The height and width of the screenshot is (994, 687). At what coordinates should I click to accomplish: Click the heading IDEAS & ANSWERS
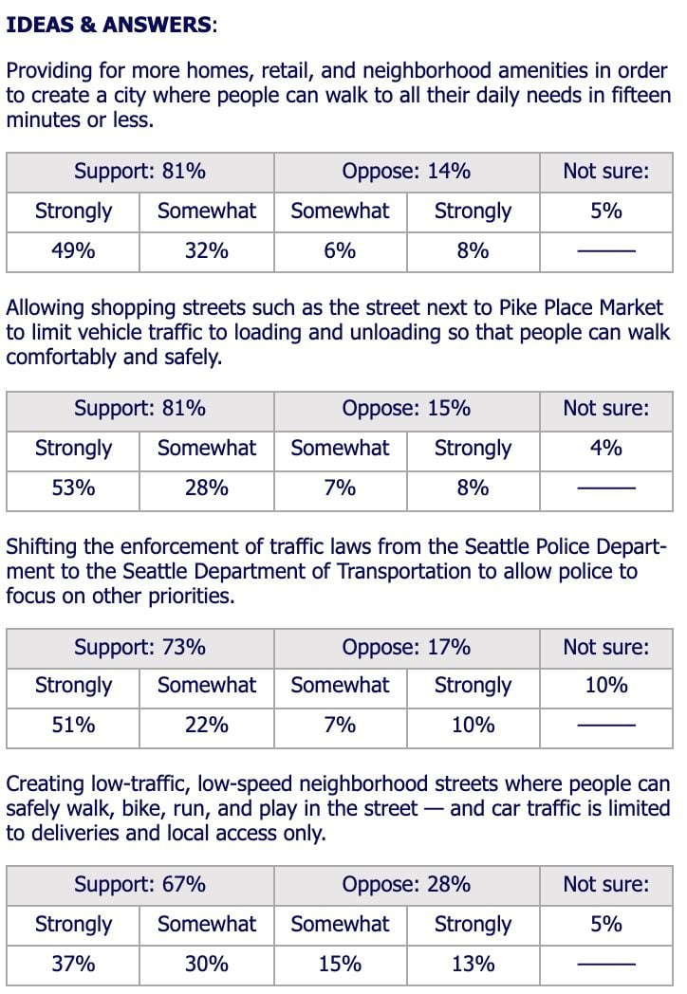point(110,26)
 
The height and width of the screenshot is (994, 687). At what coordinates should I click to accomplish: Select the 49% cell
point(73,251)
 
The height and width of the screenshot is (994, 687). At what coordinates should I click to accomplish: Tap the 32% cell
point(207,251)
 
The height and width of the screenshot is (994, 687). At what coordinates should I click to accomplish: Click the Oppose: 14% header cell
point(406,172)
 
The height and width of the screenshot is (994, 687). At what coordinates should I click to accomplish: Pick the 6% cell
point(340,251)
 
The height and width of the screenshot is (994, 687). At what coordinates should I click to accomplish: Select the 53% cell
point(73,488)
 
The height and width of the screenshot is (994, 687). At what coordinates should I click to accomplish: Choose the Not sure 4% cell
point(606,449)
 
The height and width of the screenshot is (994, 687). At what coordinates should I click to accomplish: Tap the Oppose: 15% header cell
point(406,409)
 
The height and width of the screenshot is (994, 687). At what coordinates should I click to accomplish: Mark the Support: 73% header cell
point(139,648)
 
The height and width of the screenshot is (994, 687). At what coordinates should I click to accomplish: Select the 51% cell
point(73,726)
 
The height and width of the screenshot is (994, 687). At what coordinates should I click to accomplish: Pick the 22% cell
point(207,726)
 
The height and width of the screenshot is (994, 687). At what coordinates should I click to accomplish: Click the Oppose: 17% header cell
point(406,648)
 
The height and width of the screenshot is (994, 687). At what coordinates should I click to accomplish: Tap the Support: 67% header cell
point(139,885)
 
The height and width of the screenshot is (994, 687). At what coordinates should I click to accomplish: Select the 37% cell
point(73,964)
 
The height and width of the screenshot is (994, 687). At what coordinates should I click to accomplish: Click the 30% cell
point(207,964)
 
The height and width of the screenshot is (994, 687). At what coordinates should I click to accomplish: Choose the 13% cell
point(473,964)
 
